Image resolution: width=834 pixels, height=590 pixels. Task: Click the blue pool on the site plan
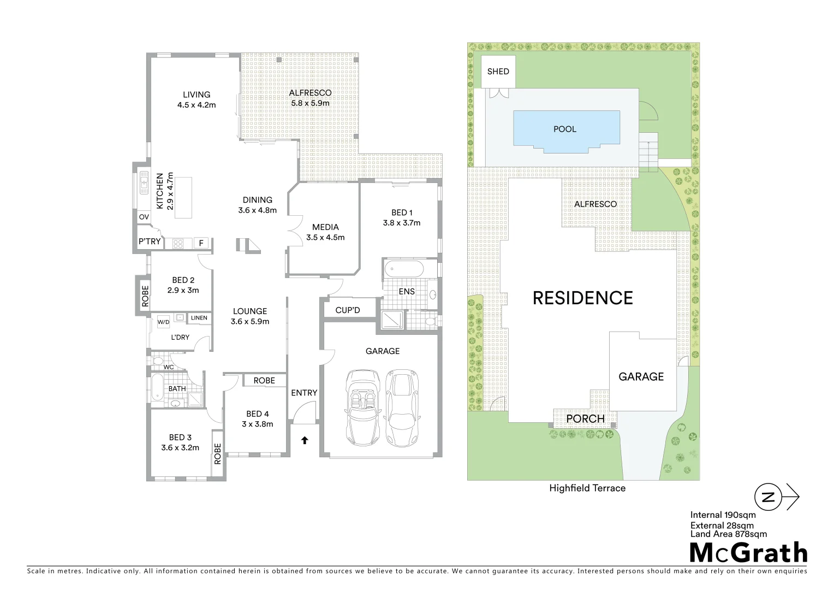[x=565, y=129]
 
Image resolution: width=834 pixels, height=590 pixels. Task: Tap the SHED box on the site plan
[x=498, y=72]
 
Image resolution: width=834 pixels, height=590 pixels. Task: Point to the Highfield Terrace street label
[x=587, y=488]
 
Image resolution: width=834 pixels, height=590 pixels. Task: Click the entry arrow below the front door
[x=304, y=439]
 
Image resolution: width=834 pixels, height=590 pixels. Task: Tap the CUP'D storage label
[x=348, y=310]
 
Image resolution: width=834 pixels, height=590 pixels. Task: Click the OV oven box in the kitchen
[x=144, y=217]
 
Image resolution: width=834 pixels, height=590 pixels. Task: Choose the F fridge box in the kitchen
[x=201, y=243]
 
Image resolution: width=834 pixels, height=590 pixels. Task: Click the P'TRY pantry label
[x=149, y=241]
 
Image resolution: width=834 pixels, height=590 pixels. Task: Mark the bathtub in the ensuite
[x=403, y=269]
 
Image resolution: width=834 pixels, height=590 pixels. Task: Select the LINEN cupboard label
[x=199, y=318]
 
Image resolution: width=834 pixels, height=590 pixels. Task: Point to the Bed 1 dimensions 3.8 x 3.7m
[x=402, y=223]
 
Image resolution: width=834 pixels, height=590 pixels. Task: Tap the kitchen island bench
[x=183, y=197]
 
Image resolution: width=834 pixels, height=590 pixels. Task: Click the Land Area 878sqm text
[x=728, y=534]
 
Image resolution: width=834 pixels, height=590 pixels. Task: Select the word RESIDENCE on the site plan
[x=582, y=298]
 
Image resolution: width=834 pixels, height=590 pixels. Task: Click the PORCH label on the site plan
[x=585, y=419]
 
